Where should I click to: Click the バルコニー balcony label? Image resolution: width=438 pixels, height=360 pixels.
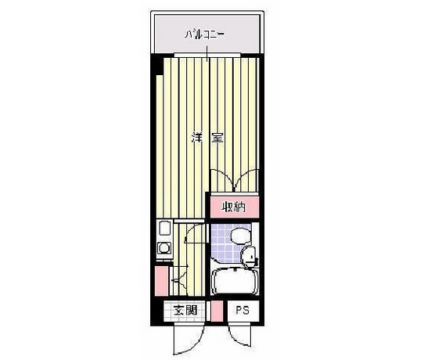tap(205, 34)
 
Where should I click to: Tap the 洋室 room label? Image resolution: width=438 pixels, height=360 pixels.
tap(207, 138)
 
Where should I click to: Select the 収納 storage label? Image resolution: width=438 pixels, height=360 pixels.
tap(234, 207)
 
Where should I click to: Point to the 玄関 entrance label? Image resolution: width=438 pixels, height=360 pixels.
tap(185, 310)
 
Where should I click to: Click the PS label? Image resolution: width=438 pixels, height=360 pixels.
tap(242, 310)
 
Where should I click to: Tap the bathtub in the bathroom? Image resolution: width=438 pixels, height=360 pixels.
tap(235, 282)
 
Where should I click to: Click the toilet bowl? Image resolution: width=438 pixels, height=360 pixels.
tap(241, 235)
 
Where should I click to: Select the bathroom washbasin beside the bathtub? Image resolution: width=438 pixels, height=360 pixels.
tap(248, 254)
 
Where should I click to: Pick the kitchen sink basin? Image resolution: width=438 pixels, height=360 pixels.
tap(164, 229)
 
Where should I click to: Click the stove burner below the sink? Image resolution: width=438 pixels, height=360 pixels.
tap(163, 248)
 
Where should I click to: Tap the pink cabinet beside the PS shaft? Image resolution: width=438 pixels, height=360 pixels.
tap(217, 311)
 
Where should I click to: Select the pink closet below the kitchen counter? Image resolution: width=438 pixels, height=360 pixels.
tap(161, 281)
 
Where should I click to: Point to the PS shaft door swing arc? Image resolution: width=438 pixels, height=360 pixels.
tap(238, 339)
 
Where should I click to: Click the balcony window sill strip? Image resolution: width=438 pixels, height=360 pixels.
tap(207, 55)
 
